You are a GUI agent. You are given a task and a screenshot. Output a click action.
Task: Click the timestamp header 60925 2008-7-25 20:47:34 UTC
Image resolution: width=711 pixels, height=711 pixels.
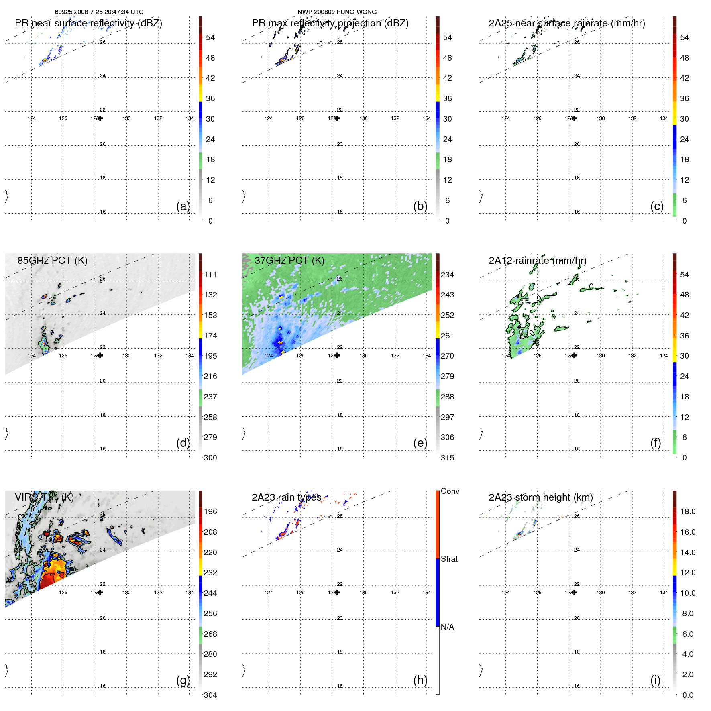(x=99, y=12)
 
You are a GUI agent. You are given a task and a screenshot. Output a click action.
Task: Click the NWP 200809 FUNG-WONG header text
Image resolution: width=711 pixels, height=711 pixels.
(x=337, y=12)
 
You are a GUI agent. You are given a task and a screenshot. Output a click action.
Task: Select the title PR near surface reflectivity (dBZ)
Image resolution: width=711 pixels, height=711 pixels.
(x=88, y=23)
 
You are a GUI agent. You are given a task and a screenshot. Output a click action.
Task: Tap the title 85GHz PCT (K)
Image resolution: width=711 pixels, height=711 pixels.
(x=52, y=261)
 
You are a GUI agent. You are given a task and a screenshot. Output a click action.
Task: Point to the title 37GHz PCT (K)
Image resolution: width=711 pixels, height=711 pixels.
(x=289, y=261)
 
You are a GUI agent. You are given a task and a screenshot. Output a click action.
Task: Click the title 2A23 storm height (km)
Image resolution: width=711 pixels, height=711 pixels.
(x=540, y=497)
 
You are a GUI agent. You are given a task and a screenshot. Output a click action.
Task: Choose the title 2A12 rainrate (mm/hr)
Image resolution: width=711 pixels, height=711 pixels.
(x=537, y=261)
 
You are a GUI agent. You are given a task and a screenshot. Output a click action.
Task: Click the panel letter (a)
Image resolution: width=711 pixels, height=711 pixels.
(x=183, y=206)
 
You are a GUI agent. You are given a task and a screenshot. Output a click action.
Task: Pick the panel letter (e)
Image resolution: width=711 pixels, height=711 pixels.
(x=420, y=443)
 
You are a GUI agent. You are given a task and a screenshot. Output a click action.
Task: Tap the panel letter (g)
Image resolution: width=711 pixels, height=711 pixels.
(x=183, y=680)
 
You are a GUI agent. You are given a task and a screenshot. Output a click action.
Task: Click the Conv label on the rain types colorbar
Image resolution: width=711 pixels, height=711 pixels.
(x=450, y=491)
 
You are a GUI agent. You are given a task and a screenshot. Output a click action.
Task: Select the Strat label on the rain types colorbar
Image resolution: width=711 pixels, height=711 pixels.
(x=449, y=559)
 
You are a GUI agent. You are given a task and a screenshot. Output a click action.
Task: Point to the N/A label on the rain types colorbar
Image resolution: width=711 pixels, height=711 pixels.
(x=447, y=627)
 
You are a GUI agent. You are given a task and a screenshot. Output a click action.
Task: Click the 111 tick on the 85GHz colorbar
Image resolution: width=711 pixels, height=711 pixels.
(x=210, y=275)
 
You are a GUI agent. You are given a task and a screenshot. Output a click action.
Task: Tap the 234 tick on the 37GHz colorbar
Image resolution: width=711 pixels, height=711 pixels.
(x=447, y=275)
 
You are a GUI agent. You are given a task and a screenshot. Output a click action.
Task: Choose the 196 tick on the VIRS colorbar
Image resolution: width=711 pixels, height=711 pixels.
(x=210, y=511)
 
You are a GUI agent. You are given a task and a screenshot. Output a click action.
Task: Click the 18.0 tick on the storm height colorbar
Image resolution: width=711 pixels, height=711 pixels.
(x=687, y=511)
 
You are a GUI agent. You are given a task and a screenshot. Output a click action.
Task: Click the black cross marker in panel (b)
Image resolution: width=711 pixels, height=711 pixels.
(x=337, y=118)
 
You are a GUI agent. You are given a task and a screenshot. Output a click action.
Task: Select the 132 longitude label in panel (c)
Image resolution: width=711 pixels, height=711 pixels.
(x=632, y=118)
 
